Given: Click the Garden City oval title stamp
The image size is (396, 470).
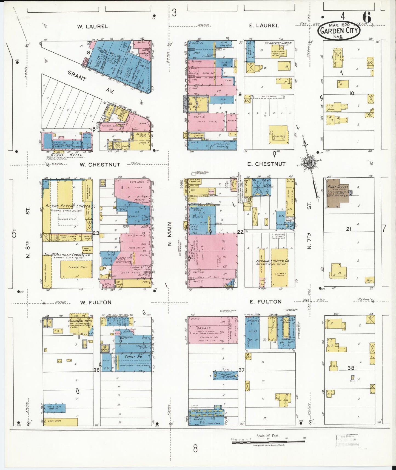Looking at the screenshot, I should pyautogui.click(x=338, y=31).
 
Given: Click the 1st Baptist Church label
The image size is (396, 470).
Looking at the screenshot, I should pyautogui.click(x=278, y=43).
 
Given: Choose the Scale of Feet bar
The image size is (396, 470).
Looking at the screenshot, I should pyautogui.click(x=269, y=442).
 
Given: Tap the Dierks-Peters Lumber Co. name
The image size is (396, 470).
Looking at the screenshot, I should pyautogui.click(x=71, y=206).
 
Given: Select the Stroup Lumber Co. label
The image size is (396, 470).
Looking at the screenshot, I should pyautogui.click(x=272, y=261).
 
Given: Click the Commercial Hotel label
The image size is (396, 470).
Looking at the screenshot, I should pyautogui.click(x=81, y=321).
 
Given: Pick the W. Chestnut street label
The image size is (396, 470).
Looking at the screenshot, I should pyautogui.click(x=100, y=165).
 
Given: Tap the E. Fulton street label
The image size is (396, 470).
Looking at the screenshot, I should pyautogui.click(x=266, y=302).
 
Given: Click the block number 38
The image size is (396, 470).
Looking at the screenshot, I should pyautogui.click(x=351, y=368).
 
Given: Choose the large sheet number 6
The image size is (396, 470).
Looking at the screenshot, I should pyautogui.click(x=367, y=18).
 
